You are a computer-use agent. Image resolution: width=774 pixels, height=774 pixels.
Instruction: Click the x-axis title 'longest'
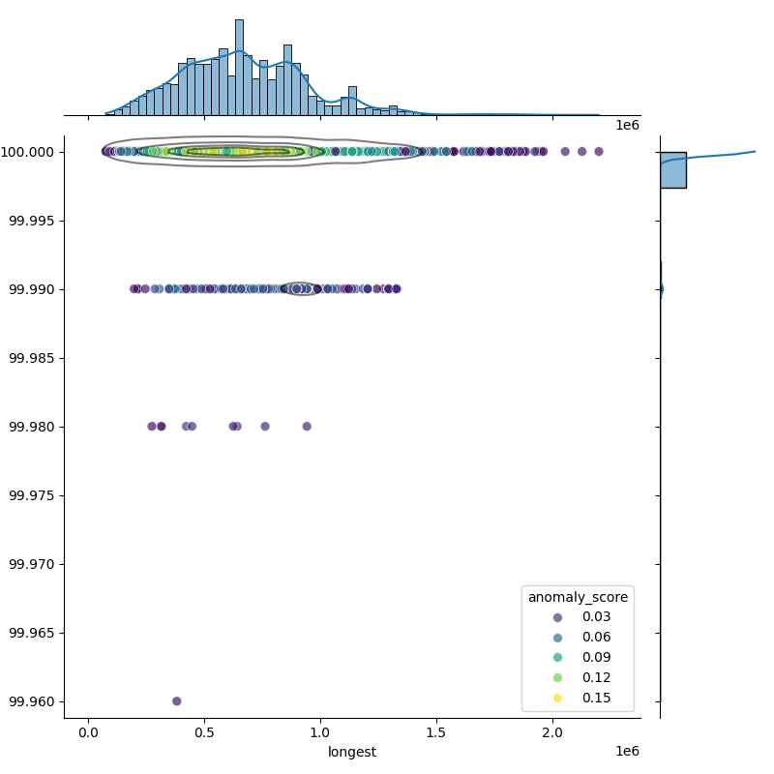(x=352, y=752)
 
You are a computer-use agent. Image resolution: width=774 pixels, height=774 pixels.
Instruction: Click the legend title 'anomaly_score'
(x=578, y=597)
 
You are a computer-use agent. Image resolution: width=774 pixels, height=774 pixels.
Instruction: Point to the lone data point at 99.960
(x=176, y=700)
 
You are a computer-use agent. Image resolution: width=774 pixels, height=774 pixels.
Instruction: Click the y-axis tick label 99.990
(x=32, y=289)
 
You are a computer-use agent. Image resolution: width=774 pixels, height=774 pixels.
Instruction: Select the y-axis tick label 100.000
(x=29, y=152)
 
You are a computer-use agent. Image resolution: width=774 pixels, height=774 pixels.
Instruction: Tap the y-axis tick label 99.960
(x=32, y=701)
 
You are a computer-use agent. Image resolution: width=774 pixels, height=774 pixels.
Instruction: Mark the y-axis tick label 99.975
(x=32, y=495)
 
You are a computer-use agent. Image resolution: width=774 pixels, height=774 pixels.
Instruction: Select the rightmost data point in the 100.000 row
(x=599, y=151)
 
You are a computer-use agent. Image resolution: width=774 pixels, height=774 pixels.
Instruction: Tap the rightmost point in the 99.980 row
(x=307, y=426)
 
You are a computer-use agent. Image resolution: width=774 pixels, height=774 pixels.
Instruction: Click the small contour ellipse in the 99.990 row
(x=303, y=288)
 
